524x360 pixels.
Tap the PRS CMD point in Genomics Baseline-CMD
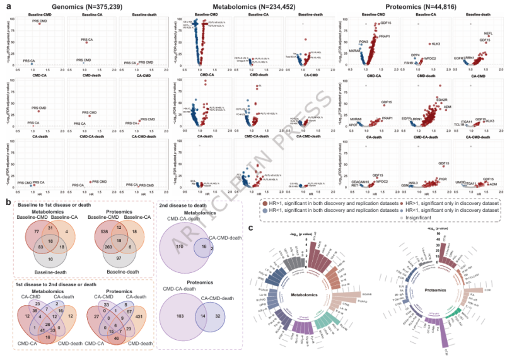(x=40, y=23)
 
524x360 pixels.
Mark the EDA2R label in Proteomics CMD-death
(x=441, y=100)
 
